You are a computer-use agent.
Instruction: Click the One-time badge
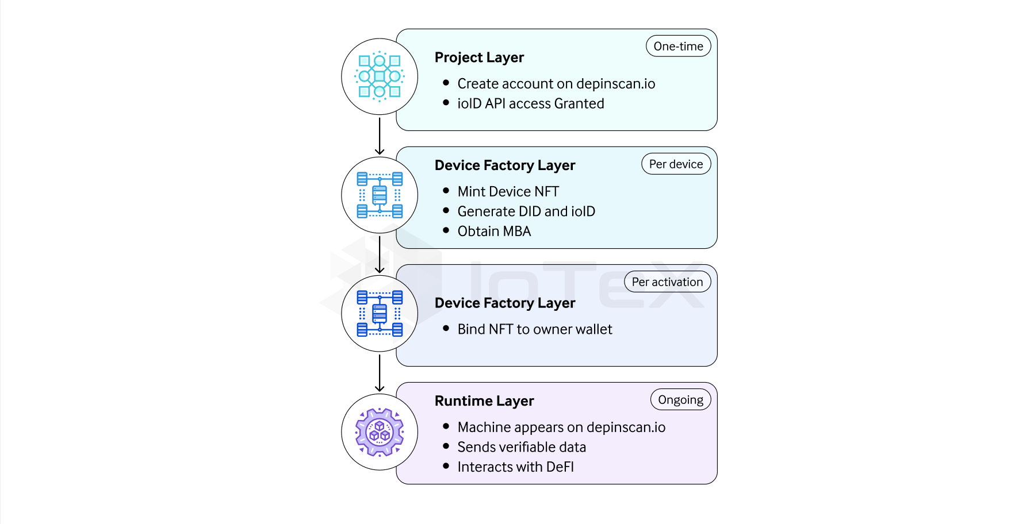[678, 47]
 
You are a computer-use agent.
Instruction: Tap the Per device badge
[676, 164]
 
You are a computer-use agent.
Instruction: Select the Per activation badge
[667, 282]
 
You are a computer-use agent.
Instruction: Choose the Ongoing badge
[680, 400]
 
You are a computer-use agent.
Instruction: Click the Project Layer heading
[479, 57]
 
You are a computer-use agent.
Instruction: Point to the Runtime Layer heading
[484, 401]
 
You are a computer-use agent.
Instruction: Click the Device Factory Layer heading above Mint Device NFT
[504, 165]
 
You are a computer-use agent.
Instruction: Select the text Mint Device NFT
[508, 191]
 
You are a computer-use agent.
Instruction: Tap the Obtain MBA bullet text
[494, 232]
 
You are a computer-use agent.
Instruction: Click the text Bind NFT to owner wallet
[534, 329]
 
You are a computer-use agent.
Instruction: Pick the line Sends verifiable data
[522, 447]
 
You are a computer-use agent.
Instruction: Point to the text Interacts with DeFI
[515, 467]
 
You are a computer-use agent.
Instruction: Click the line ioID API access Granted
[530, 104]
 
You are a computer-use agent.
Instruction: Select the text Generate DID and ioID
[526, 211]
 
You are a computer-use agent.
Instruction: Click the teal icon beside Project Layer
[380, 76]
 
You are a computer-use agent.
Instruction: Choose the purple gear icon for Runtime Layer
[380, 432]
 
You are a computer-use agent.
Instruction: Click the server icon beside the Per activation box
[380, 314]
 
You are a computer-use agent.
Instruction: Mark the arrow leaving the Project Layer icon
[380, 136]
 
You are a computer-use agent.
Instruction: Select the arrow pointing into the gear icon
[380, 373]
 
